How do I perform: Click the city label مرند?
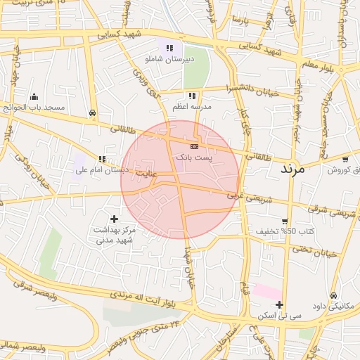291,169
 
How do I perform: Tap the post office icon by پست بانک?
195,146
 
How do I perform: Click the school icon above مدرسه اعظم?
191,95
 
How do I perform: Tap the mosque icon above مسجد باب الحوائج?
34,96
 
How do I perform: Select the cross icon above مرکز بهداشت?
114,219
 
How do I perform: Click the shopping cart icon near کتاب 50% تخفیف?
284,221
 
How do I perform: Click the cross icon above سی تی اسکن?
280,304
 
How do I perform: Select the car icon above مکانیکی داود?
333,295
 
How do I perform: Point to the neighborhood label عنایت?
147,172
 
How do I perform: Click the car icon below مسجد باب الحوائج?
92,112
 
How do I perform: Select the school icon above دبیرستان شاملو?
169,48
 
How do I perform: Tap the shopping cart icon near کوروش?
346,159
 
